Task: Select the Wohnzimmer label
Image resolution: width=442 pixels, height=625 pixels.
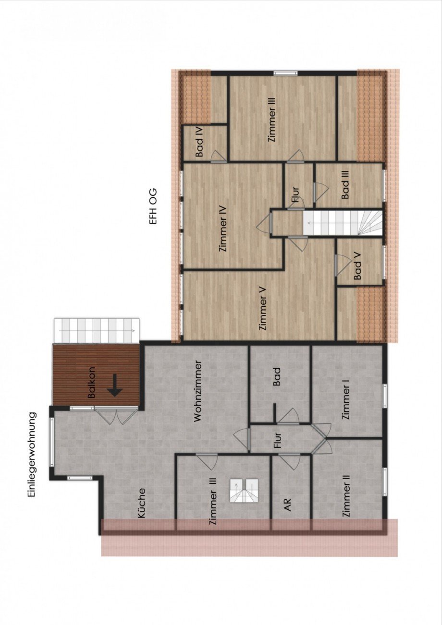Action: (x=197, y=391)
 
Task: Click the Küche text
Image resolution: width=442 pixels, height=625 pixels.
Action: (x=142, y=503)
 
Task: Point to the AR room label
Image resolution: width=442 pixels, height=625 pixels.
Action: (x=288, y=505)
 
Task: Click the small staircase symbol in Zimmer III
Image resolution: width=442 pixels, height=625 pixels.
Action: (x=244, y=491)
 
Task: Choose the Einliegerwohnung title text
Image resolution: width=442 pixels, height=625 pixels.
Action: (x=32, y=454)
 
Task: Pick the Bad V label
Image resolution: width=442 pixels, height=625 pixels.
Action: (x=357, y=270)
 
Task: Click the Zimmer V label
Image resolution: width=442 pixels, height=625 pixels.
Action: (x=262, y=312)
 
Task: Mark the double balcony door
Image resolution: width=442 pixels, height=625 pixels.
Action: (x=117, y=415)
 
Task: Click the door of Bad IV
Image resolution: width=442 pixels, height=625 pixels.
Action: (x=217, y=157)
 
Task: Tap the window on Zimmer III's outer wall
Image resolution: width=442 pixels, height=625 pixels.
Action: (x=286, y=73)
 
